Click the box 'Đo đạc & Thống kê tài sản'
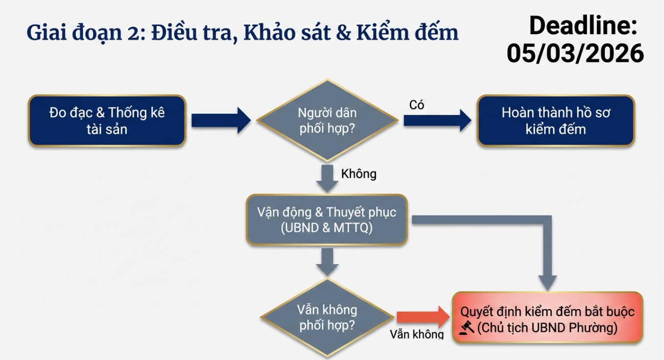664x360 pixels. coord(107,121)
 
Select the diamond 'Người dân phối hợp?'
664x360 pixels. coord(327,121)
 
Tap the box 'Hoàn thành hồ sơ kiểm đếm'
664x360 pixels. coord(556,121)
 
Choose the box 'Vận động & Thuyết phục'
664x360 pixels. coord(327,220)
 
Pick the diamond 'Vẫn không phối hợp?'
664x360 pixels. coord(327,318)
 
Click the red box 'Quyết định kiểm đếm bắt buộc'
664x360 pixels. coord(548,317)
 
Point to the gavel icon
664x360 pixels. coord(466,328)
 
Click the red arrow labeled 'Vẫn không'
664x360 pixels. coord(423,317)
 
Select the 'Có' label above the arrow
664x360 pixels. coord(417,105)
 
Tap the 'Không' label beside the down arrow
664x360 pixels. coord(359,174)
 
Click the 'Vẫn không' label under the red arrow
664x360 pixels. coord(417,334)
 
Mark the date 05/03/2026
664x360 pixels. coord(575,53)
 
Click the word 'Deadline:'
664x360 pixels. coord(583,26)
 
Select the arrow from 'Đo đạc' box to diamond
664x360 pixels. coord(221,121)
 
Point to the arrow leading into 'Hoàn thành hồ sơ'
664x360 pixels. coord(438,121)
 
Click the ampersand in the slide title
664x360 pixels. coord(344,32)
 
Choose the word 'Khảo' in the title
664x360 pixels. coord(269,32)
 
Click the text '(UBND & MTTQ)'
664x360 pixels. coord(327,228)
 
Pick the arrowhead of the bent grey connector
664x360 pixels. coord(547,283)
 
